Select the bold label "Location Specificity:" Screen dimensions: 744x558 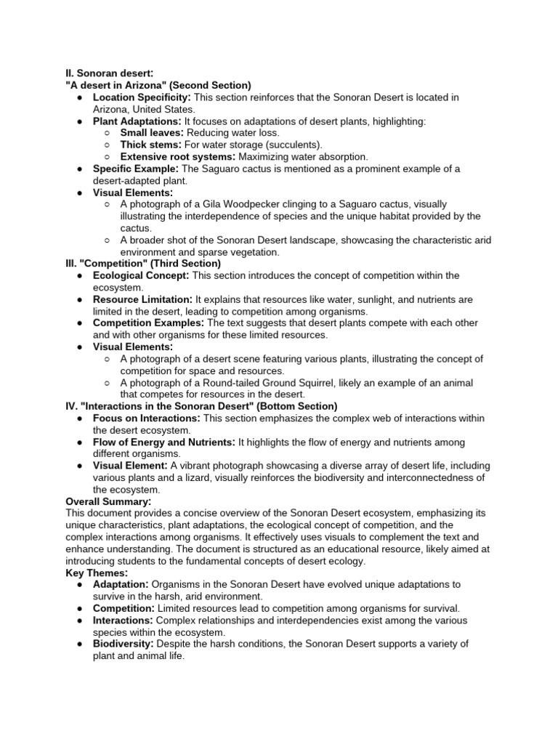pos(142,97)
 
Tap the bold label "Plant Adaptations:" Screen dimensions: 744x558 pos(137,121)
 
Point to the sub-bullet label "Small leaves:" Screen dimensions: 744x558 pos(152,133)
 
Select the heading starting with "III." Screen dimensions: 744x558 pos(143,264)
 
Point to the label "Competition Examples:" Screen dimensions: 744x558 pos(148,323)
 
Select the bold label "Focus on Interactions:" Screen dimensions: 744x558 pos(146,418)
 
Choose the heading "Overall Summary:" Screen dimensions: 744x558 pos(108,501)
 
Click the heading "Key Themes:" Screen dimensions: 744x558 pos(97,573)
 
